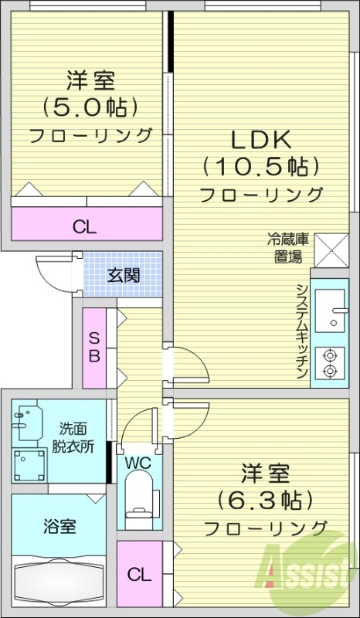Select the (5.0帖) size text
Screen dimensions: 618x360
tap(90, 106)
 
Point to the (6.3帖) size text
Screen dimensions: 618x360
tap(264, 498)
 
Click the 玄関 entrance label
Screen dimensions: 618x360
tap(123, 275)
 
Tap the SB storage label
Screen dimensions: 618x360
tap(93, 348)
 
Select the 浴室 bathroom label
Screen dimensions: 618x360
tap(58, 528)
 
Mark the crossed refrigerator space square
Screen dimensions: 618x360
tap(332, 250)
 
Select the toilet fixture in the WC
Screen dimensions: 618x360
tap(140, 502)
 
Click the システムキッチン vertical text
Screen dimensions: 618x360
tap(301, 330)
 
